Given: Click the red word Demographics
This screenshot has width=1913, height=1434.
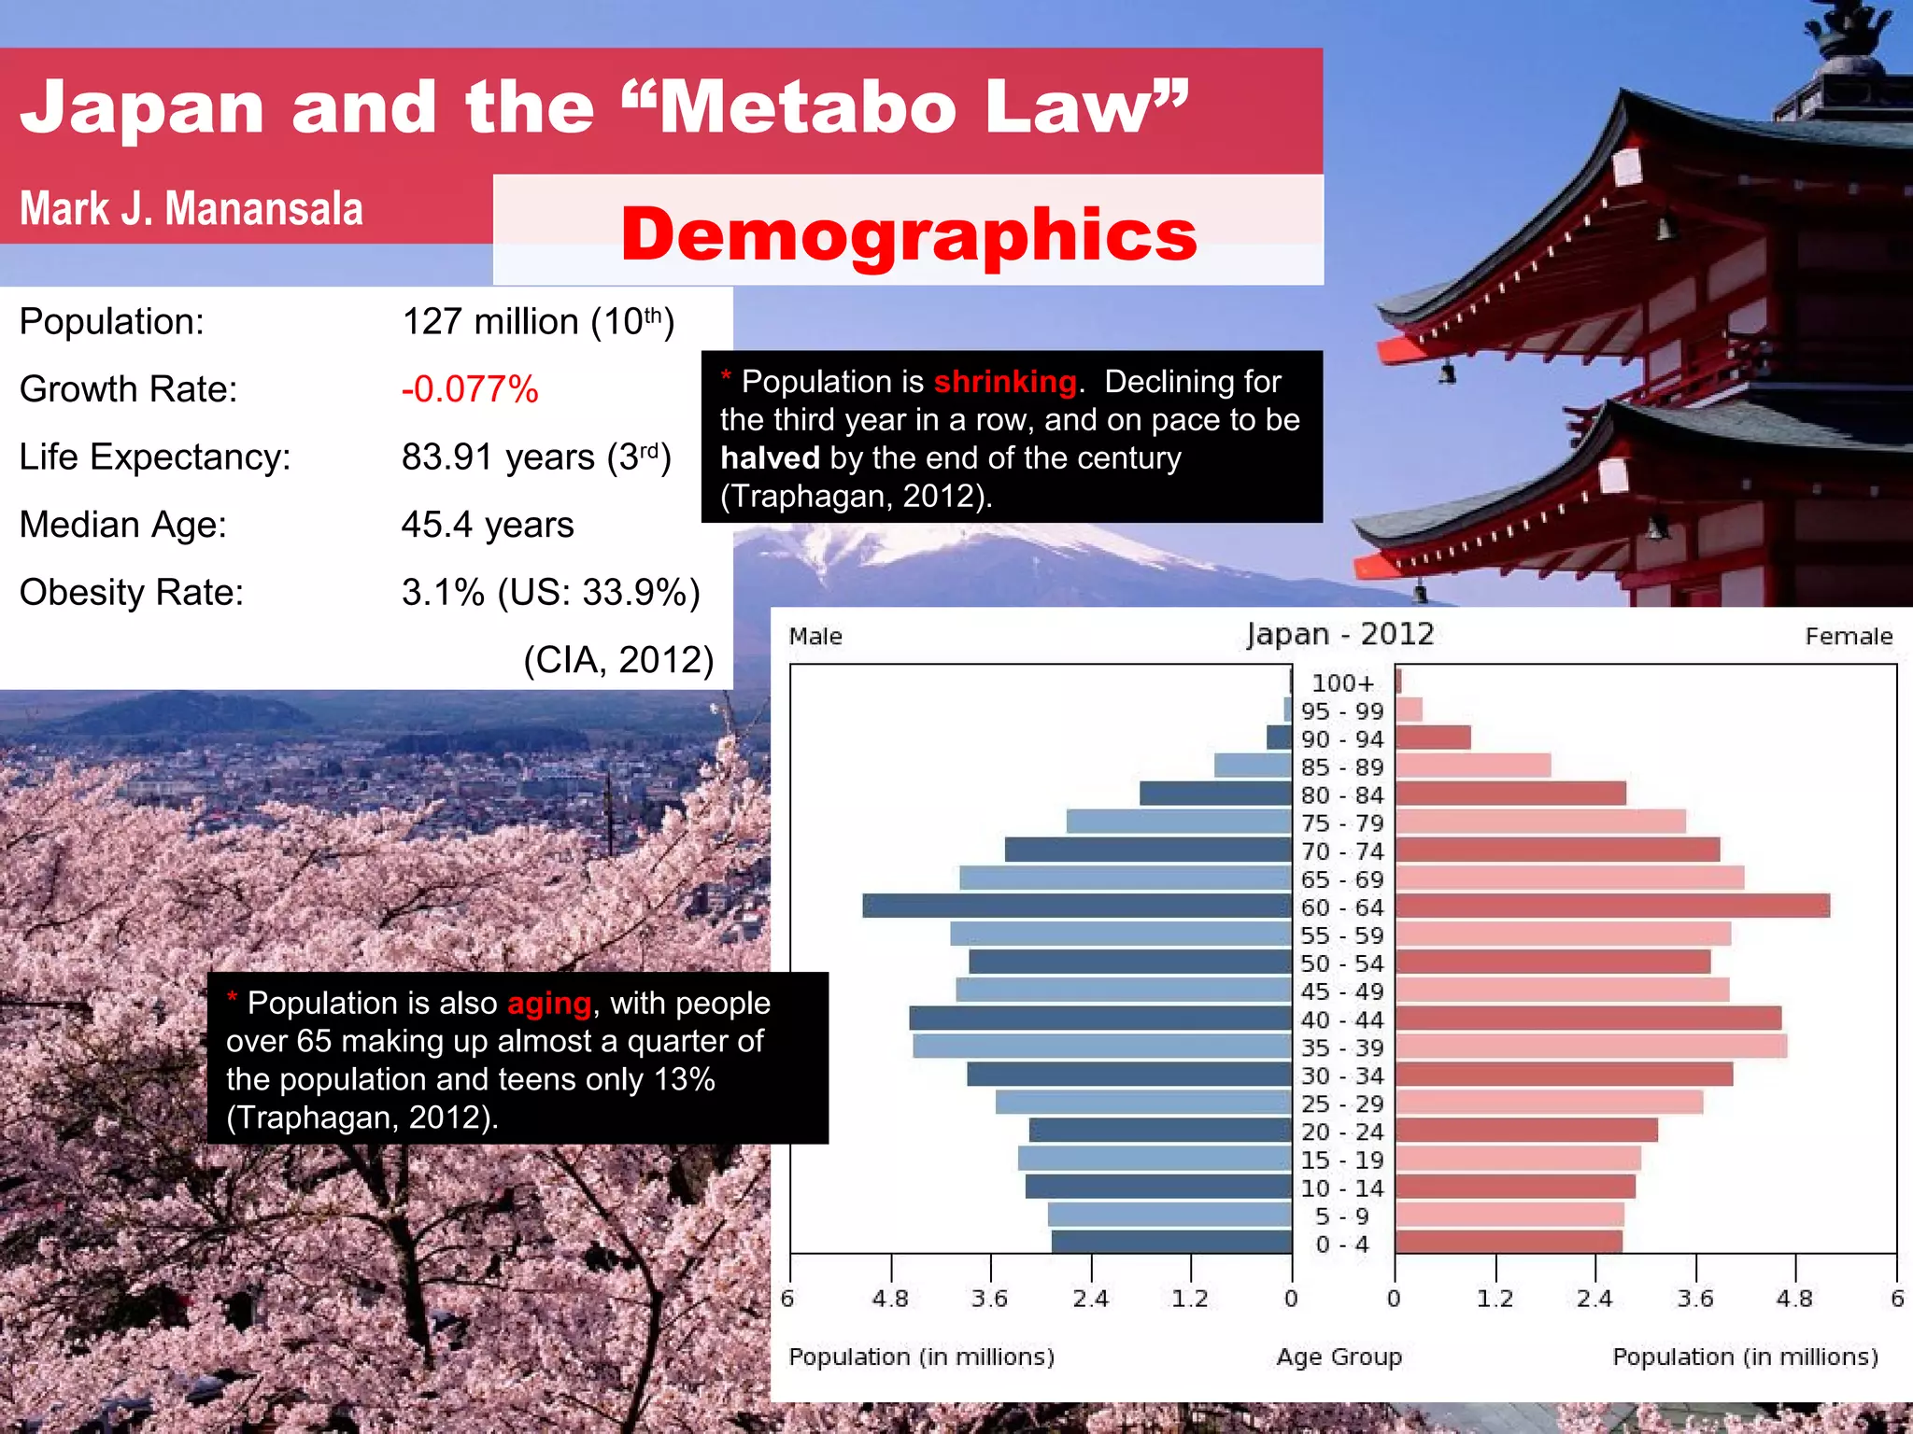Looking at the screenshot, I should [x=908, y=233].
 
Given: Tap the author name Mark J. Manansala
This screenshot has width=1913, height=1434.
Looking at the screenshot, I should [x=191, y=208].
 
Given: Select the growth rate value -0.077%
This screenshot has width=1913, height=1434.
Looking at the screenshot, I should [x=470, y=389].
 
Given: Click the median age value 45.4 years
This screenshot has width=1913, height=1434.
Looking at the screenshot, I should [x=488, y=525].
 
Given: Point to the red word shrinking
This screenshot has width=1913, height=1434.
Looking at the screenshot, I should [x=1005, y=382].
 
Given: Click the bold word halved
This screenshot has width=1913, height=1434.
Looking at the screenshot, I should [x=770, y=458].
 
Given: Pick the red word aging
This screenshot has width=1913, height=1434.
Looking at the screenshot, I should [x=549, y=1004].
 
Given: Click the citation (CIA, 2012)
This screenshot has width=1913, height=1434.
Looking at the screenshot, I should [x=618, y=660].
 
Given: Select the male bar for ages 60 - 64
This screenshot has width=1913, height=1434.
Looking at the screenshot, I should [x=1076, y=906].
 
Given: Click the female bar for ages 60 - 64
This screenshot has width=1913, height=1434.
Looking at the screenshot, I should [x=1612, y=906].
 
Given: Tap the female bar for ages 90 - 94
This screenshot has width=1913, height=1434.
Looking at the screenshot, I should [x=1433, y=738].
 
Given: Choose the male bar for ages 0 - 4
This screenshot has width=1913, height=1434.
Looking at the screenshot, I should [x=1171, y=1242].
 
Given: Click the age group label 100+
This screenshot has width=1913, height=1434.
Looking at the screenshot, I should [x=1342, y=683].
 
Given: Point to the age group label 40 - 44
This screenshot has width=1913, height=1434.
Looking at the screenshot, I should [x=1342, y=1019].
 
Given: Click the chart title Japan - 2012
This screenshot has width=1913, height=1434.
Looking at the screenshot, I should [x=1340, y=635].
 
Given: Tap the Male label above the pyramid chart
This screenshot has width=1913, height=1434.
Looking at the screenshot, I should [x=815, y=637].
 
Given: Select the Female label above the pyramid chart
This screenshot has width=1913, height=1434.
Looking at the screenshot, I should [x=1849, y=637].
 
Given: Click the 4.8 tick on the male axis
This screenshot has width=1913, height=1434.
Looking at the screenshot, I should [x=890, y=1299].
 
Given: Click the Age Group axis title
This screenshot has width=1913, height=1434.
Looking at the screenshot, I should [x=1339, y=1357].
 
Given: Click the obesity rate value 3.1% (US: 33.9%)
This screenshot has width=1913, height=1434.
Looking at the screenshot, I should [x=551, y=593].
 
